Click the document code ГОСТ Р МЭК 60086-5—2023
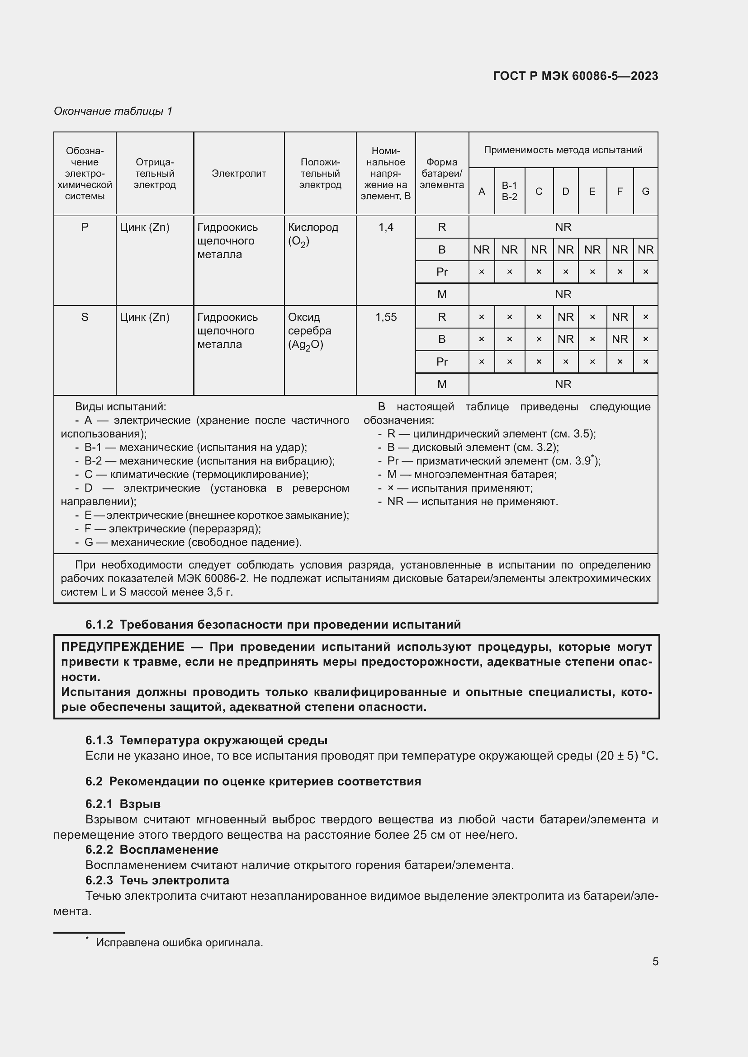coord(575,76)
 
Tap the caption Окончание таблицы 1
coord(113,111)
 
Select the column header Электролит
coord(239,174)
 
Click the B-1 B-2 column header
coord(509,191)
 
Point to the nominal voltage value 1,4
coord(385,227)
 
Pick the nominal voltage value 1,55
coord(385,317)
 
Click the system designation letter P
coord(85,227)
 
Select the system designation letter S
coord(85,317)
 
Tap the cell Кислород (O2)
coord(313,234)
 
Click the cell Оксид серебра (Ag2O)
coord(309,330)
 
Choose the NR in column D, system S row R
coord(565,317)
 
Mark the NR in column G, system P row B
coord(645,249)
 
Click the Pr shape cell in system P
coord(442,272)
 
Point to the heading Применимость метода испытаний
coord(563,150)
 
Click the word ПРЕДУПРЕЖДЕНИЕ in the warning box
coord(123,647)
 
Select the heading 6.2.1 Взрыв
coord(123,804)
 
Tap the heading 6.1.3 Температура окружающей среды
coord(206,740)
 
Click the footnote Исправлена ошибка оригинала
coord(179,942)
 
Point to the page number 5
coord(655,961)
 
